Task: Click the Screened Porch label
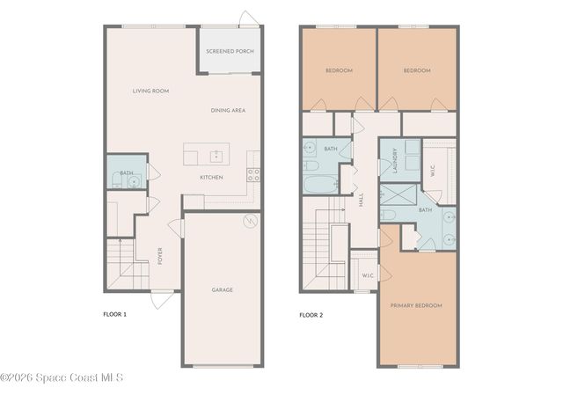230,51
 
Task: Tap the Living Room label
150,91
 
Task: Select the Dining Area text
228,110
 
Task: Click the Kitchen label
211,178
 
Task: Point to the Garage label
222,289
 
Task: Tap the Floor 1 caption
115,314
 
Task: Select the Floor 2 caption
311,314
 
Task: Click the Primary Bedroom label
417,305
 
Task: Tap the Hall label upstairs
361,201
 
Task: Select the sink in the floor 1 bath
133,182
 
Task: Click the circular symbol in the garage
249,220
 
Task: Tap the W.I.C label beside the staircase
368,276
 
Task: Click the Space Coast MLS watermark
62,378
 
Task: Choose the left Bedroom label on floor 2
339,70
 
